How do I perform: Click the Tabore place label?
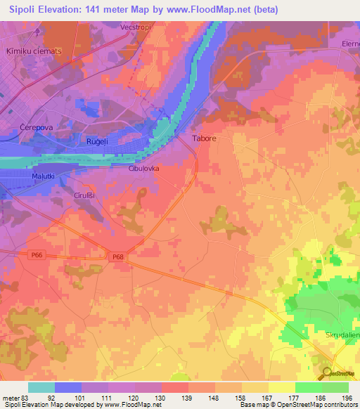(x=205, y=139)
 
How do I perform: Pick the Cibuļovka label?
(x=144, y=169)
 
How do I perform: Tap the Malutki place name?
(x=44, y=176)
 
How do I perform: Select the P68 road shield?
(x=117, y=257)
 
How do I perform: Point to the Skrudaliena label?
(x=341, y=336)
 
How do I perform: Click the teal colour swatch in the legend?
(x=41, y=387)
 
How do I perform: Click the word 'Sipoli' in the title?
(x=25, y=10)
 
